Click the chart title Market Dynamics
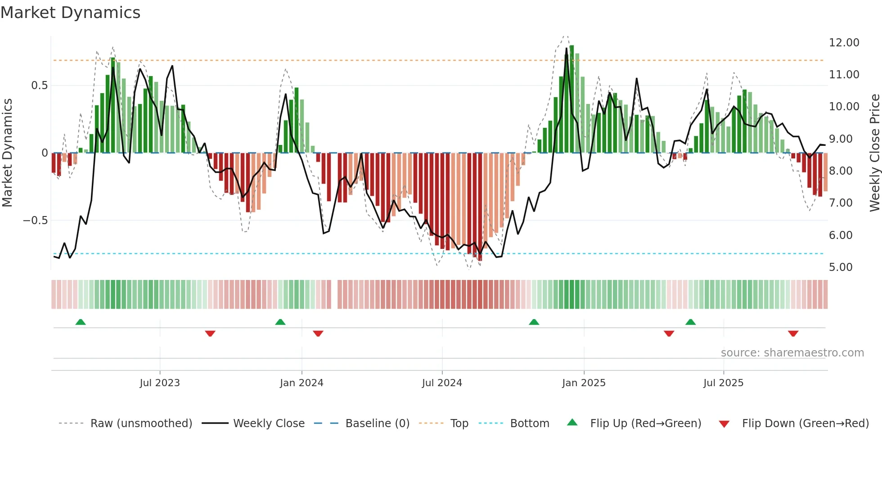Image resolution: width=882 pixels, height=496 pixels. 70,13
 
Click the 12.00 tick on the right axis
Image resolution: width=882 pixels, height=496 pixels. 844,43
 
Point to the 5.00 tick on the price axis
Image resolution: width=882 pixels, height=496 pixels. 841,267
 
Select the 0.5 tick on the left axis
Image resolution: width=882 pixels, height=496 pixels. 39,86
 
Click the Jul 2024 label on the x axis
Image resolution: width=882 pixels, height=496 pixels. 442,383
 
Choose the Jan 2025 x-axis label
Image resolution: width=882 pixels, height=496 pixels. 584,383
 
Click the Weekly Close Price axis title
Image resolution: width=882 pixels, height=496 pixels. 874,153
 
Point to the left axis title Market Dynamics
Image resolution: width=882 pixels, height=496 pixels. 7,153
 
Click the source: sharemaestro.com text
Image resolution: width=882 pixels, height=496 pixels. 792,353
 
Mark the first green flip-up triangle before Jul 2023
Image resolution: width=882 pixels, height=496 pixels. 81,322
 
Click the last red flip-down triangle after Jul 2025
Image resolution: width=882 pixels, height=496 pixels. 793,334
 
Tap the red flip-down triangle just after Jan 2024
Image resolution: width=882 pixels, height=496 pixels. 318,334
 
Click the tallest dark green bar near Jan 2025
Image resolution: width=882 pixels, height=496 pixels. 571,99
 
